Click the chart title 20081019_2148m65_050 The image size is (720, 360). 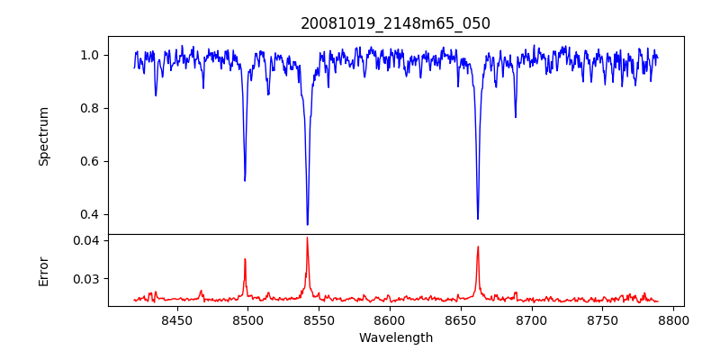click(x=395, y=23)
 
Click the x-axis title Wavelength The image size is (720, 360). click(x=395, y=338)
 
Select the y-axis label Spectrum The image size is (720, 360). click(x=44, y=136)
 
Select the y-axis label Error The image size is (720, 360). click(x=44, y=271)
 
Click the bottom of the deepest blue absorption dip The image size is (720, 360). click(x=307, y=224)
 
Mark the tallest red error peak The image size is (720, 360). click(x=307, y=238)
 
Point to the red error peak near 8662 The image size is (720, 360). click(x=478, y=247)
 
